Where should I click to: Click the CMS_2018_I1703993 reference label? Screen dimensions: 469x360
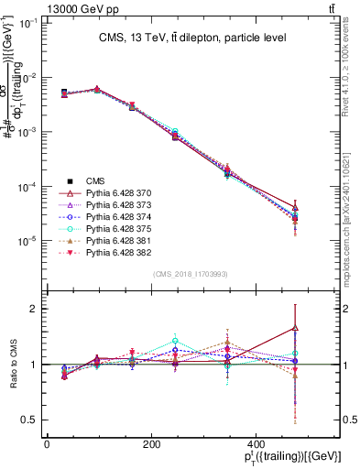click(x=191, y=274)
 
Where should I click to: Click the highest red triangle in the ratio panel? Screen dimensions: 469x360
click(x=295, y=328)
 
